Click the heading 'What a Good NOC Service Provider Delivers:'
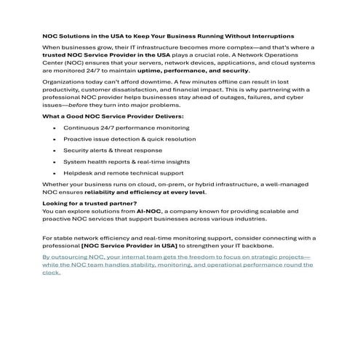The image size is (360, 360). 103,116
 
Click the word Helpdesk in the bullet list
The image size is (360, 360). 79,172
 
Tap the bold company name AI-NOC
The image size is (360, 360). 158,210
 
